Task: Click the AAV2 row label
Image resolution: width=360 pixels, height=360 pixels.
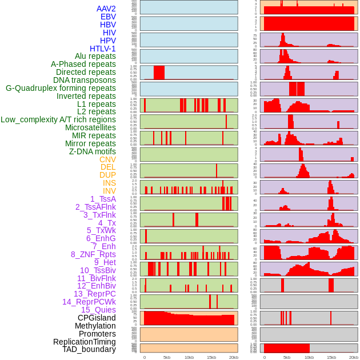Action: point(106,9)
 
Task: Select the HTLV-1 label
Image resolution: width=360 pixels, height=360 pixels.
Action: point(102,49)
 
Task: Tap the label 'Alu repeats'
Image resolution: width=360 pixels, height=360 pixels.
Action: point(95,57)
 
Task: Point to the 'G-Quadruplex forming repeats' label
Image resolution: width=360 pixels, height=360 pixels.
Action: point(61,89)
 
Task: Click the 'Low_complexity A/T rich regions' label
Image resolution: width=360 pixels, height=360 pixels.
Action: point(58,119)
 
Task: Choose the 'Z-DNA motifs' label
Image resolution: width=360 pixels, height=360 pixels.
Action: point(92,151)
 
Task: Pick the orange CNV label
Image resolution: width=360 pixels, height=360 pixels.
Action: point(107,159)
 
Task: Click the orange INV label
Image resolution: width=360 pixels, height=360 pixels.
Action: point(109,191)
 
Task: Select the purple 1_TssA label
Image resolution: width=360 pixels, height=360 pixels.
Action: point(103,199)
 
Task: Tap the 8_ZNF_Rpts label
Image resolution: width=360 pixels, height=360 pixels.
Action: point(93,254)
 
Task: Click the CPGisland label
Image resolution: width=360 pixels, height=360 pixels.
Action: point(97,318)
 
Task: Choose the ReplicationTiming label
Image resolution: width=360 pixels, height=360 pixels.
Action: point(84,342)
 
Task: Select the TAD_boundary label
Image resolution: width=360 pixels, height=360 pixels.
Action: point(89,349)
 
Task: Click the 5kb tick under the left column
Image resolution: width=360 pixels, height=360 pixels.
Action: point(167,357)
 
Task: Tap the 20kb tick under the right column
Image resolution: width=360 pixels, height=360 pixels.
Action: point(354,357)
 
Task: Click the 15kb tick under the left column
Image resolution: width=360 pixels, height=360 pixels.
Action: point(211,357)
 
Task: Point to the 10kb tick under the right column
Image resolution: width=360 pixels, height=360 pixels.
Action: point(309,357)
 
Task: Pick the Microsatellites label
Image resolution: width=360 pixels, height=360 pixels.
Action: point(90,127)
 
